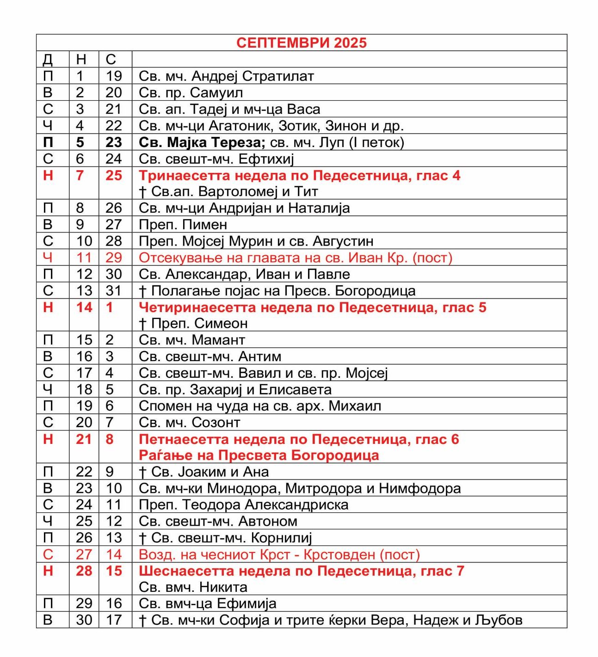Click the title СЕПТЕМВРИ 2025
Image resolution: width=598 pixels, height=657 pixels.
point(301,43)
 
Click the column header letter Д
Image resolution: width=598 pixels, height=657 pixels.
point(48,59)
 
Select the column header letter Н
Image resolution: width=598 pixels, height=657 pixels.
point(81,59)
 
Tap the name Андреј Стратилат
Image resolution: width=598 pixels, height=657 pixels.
point(253,76)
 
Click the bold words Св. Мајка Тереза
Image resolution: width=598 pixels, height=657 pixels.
point(202,142)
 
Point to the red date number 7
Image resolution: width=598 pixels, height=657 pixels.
point(80,175)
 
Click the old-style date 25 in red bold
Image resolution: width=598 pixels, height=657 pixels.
point(114,175)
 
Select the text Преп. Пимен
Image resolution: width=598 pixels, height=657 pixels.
point(183,225)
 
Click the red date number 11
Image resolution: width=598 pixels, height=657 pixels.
point(84,258)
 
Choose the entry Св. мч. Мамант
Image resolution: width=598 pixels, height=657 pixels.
point(191,340)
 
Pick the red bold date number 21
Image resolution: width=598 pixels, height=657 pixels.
point(84,439)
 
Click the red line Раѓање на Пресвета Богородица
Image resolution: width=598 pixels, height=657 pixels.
point(259,455)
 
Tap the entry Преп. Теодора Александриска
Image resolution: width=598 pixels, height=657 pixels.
point(243,504)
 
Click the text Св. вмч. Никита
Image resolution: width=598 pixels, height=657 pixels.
point(193,587)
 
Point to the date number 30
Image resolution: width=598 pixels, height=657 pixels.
point(84,620)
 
